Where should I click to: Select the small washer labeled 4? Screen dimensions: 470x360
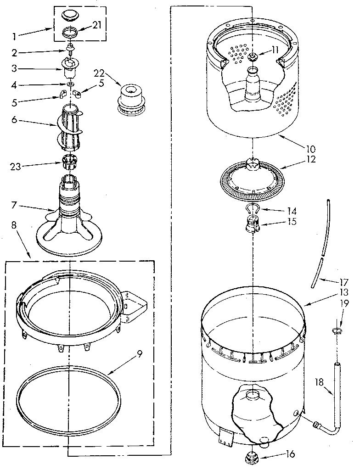(x=70, y=84)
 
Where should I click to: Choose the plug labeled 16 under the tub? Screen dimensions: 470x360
(x=251, y=457)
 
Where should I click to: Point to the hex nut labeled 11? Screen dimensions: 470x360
(x=252, y=56)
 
